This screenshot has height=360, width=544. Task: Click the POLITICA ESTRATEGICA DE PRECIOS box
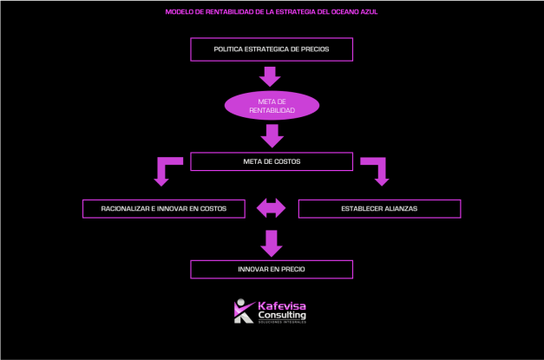coord(272,49)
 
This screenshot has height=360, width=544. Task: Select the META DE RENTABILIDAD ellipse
coord(272,106)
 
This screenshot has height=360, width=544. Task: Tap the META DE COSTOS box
coord(272,161)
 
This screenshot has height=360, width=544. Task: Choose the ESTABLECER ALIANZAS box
coord(379,209)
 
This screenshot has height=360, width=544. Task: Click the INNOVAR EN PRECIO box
coord(272,270)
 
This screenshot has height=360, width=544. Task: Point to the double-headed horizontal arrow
coord(272,208)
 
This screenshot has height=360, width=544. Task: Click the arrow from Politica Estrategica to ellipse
coord(271,76)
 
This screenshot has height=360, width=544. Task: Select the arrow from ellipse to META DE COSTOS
coord(272,135)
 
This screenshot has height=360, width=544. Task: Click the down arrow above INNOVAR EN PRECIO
coord(272,242)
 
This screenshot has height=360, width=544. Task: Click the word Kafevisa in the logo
coord(282,305)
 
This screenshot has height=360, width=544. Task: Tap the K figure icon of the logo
coord(243,311)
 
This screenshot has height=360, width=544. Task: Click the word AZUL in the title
coord(369,12)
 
